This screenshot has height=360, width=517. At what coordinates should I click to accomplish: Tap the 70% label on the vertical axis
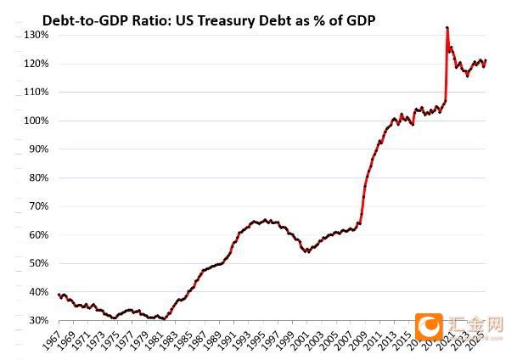click(37, 206)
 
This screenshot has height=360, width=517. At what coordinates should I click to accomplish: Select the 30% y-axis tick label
click(37, 320)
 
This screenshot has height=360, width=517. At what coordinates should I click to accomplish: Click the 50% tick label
click(37, 263)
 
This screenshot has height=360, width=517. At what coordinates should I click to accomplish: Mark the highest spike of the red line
click(447, 28)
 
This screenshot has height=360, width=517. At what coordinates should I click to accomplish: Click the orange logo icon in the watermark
click(430, 327)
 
